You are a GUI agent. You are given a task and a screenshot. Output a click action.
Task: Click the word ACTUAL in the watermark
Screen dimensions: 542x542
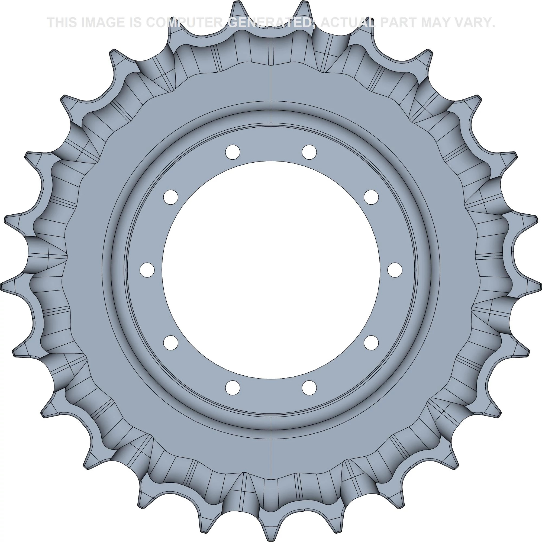(347, 22)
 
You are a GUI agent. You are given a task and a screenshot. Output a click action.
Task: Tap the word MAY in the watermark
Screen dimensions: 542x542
(440, 22)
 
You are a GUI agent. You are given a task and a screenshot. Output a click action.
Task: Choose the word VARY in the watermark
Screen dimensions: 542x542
(477, 22)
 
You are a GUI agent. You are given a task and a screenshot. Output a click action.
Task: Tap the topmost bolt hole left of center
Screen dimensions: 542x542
(233, 152)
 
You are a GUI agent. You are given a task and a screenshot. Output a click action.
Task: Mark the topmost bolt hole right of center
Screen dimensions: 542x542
(309, 152)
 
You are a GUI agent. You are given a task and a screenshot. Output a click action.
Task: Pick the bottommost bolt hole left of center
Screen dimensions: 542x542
(233, 388)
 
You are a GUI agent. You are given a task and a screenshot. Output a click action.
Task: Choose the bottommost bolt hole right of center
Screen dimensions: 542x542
(309, 388)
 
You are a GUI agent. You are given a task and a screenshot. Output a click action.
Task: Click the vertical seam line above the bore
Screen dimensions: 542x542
(271, 84)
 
